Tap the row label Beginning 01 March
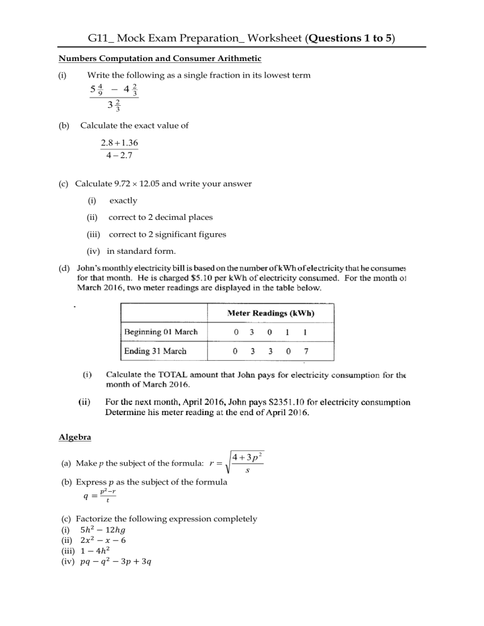161,332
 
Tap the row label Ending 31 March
155,351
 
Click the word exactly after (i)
124,201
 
